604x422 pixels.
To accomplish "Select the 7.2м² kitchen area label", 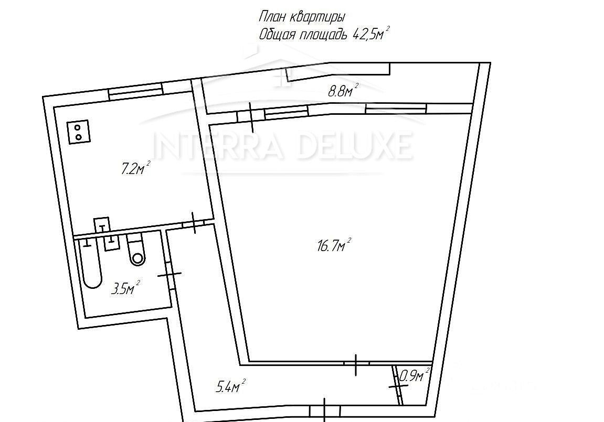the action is point(135,168).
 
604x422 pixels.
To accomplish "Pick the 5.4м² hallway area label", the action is point(231,386).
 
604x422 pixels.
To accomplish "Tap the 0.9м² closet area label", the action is point(415,375).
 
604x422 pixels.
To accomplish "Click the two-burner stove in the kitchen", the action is point(79,132).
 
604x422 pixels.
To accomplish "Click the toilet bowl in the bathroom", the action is point(137,254).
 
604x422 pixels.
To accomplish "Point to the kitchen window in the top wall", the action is point(135,91).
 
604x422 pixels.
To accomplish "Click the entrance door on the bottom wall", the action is point(325,411).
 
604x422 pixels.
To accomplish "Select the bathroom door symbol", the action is point(169,274).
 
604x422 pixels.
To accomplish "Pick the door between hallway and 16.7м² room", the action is point(356,364).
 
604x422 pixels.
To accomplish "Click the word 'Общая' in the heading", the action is point(278,35).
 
